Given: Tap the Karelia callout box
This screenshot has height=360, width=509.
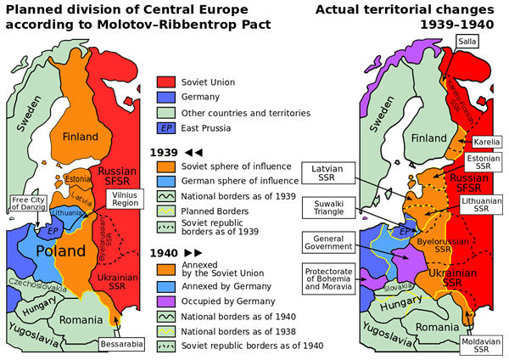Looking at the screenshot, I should (x=486, y=142).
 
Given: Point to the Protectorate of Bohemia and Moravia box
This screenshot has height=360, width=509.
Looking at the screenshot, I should (x=327, y=278).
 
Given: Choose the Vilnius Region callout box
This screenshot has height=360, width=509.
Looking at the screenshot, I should (x=125, y=200).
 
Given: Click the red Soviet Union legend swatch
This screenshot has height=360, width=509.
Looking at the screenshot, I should (x=167, y=83).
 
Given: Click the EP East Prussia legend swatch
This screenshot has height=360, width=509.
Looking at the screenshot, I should (x=167, y=129).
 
